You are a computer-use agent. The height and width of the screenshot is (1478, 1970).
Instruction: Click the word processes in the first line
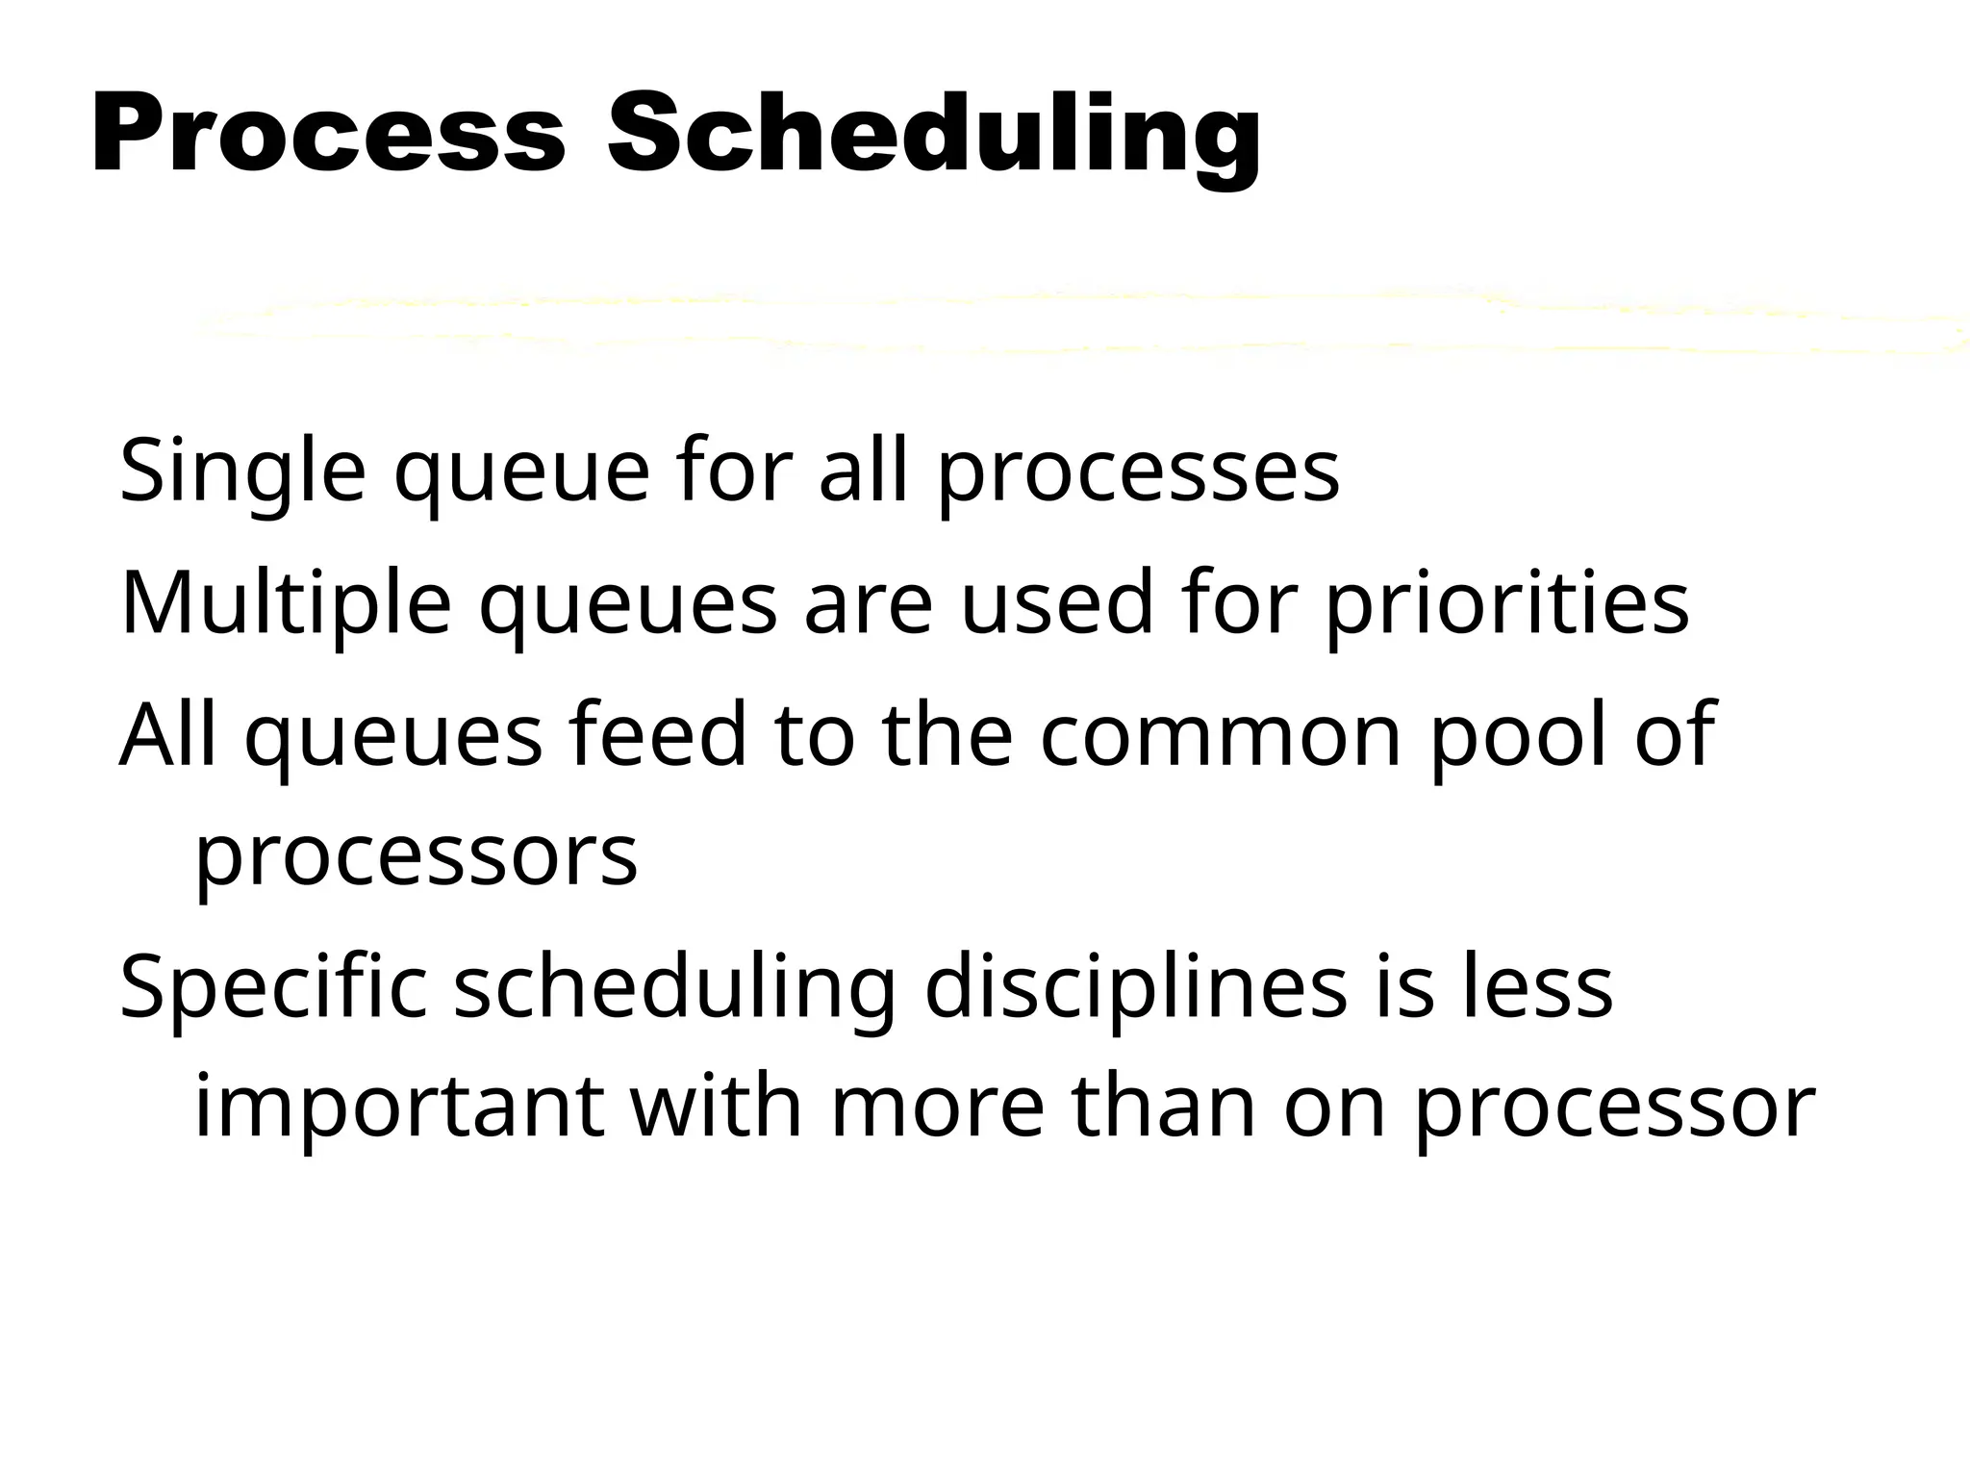click(x=1138, y=471)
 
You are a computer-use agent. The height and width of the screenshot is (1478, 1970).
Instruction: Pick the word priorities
click(x=1506, y=603)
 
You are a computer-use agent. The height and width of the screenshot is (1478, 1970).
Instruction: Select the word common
click(x=1219, y=735)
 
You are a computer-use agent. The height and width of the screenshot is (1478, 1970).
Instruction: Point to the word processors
click(x=416, y=856)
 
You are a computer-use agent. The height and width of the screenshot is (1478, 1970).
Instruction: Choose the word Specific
click(x=273, y=987)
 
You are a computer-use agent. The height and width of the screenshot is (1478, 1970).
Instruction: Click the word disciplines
click(x=1135, y=987)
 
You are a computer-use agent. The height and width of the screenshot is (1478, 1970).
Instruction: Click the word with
click(x=716, y=1108)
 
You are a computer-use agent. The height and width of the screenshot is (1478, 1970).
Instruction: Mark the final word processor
click(x=1613, y=1108)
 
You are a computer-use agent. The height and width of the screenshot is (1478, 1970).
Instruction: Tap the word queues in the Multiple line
click(x=627, y=603)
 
